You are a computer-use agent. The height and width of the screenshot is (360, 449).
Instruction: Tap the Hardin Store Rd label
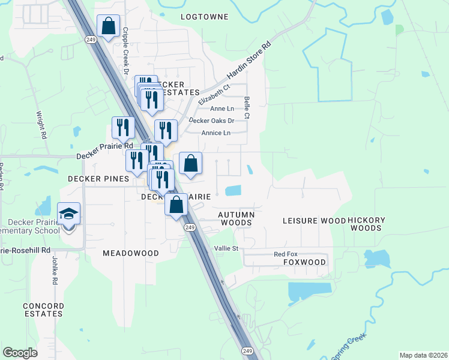249,62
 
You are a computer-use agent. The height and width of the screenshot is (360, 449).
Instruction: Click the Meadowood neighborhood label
131,253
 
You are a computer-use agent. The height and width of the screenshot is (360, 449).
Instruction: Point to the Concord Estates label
43,310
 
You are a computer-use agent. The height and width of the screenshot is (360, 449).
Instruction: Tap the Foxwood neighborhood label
304,262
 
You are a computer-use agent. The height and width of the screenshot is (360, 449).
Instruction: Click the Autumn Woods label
237,218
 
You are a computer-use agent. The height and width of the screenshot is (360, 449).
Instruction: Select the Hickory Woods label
366,224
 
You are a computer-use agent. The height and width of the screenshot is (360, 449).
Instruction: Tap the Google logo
20,353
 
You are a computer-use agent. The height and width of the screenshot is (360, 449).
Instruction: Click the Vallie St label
226,248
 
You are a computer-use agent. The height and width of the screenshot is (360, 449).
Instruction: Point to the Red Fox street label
286,254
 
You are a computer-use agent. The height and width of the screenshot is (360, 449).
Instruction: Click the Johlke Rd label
53,271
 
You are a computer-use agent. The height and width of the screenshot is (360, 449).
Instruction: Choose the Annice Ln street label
216,133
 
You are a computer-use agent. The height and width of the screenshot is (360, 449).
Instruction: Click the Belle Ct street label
246,106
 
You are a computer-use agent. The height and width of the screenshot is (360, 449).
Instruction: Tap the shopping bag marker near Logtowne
108,27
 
